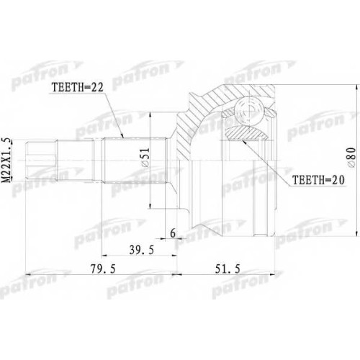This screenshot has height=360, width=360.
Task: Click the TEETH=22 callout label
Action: [78, 88]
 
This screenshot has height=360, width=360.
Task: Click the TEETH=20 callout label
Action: [319, 180]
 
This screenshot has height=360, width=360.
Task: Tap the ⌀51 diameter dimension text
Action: [145, 158]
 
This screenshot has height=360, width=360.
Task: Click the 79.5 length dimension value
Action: [103, 269]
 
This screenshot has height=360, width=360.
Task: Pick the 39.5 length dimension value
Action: [141, 250]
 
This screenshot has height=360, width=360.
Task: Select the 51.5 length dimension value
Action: [228, 269]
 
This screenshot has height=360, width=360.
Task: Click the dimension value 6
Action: [173, 233]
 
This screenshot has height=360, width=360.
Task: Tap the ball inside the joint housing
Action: [248, 110]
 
